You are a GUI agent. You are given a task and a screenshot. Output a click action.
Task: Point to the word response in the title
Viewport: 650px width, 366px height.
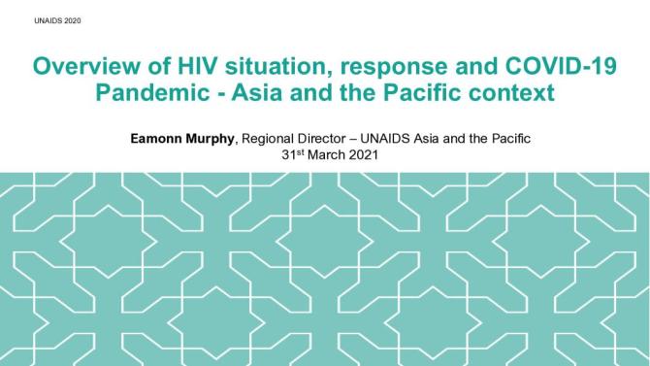click(x=385, y=68)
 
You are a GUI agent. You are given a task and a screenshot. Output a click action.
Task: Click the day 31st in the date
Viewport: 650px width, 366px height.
click(x=289, y=154)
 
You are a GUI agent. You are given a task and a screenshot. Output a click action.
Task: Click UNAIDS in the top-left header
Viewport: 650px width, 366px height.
click(x=32, y=20)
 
